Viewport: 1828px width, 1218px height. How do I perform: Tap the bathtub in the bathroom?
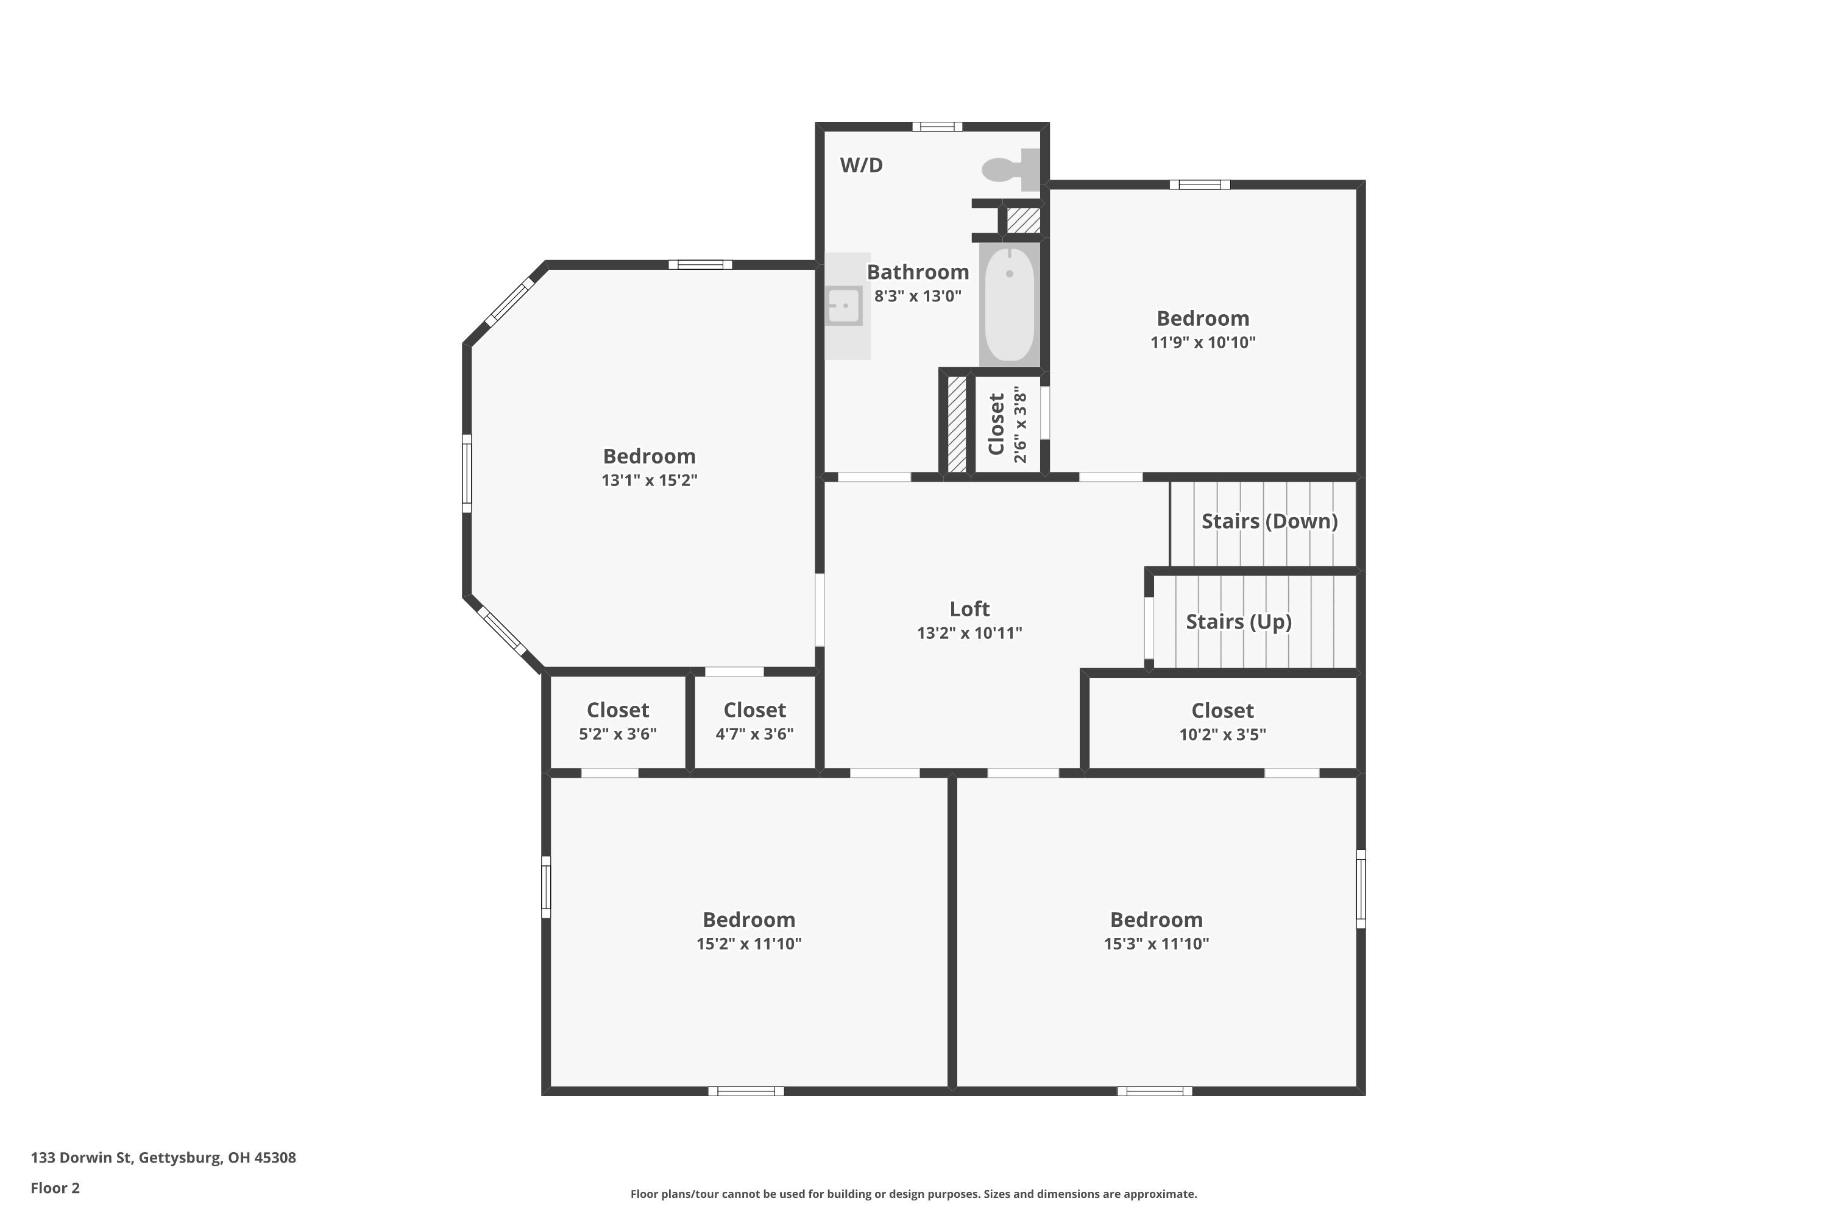pyautogui.click(x=1009, y=304)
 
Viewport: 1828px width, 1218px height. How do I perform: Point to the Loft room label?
pyautogui.click(x=969, y=609)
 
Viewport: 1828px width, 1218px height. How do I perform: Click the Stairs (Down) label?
pyautogui.click(x=1269, y=521)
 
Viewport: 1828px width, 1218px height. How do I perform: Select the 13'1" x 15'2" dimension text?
pyautogui.click(x=649, y=480)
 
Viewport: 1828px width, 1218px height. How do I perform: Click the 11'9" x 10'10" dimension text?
pyautogui.click(x=1202, y=342)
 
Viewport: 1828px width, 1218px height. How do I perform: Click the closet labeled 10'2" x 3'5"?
pyautogui.click(x=1222, y=722)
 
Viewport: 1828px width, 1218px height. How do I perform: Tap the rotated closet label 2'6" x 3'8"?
pyautogui.click(x=1008, y=426)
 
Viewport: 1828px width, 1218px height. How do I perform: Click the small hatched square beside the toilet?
pyautogui.click(x=1024, y=220)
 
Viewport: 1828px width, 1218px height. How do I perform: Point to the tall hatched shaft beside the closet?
pyautogui.click(x=957, y=424)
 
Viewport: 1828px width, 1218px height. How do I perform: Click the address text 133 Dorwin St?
pyautogui.click(x=163, y=1158)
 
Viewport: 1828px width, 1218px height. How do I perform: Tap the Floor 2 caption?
pyautogui.click(x=55, y=1188)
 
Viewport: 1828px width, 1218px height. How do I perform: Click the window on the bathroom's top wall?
pyautogui.click(x=937, y=127)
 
